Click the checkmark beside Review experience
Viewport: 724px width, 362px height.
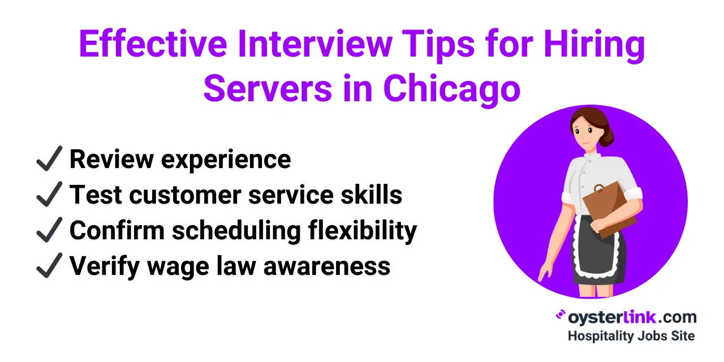(49, 160)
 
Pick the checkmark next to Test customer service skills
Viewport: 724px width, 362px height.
(49, 195)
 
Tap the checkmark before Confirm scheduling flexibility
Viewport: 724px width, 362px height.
(49, 230)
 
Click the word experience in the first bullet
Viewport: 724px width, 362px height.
(226, 160)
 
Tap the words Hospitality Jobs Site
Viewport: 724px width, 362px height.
(631, 335)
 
